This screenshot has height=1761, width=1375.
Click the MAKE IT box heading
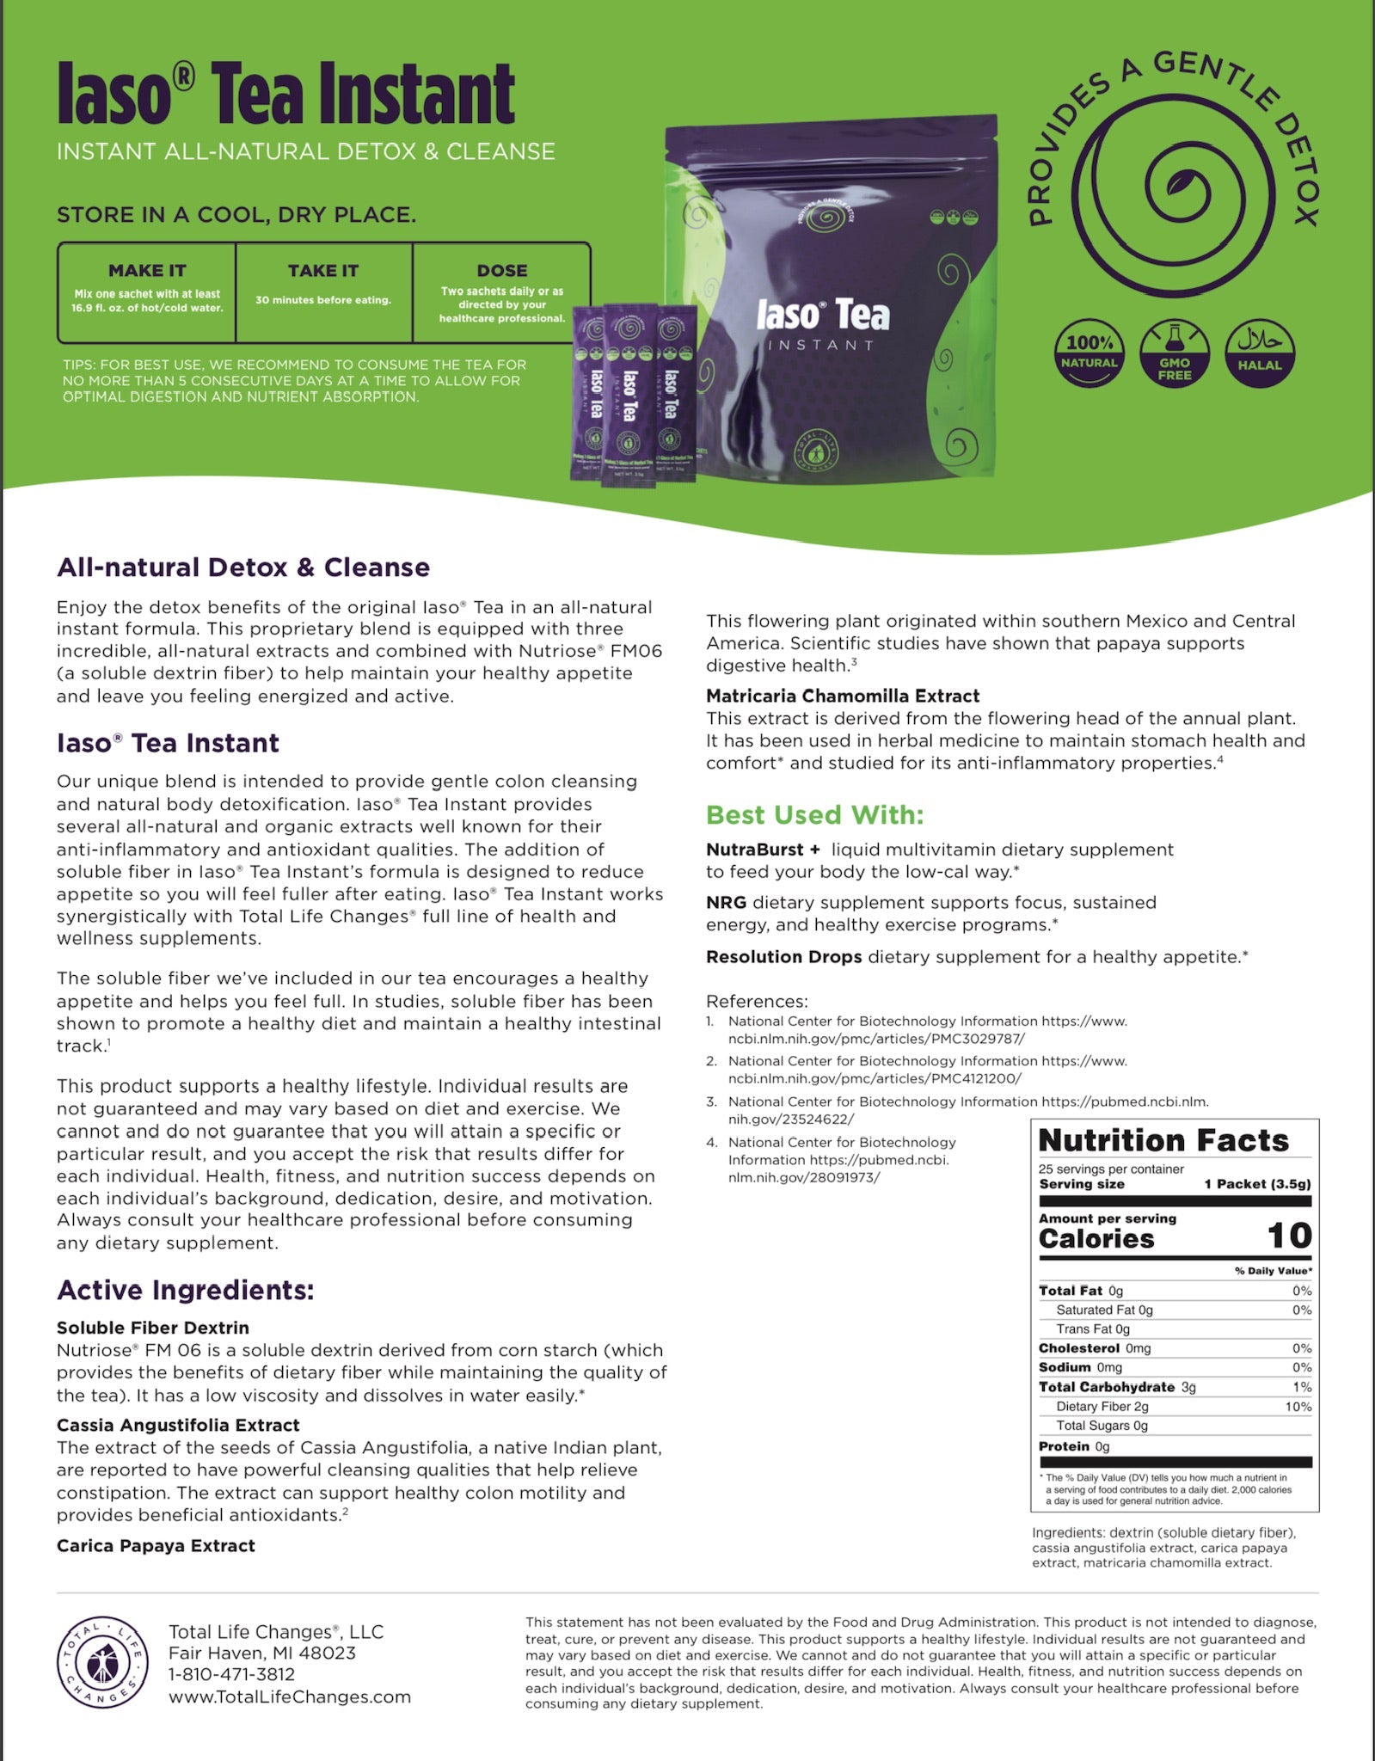click(147, 270)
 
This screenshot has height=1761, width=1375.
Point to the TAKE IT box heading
click(323, 270)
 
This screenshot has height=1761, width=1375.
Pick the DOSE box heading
click(502, 270)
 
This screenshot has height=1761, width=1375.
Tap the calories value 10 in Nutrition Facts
click(1289, 1236)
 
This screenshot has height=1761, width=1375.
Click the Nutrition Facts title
click(1163, 1140)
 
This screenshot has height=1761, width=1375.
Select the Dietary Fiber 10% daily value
click(1298, 1407)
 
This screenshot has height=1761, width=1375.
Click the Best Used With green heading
click(814, 814)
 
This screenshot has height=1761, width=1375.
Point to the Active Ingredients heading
click(185, 1290)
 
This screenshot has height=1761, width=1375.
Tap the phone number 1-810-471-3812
click(231, 1674)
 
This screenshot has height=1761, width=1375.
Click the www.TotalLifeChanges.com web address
click(290, 1697)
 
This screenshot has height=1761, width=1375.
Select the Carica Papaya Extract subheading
click(156, 1545)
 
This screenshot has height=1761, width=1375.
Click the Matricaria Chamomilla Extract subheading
click(843, 696)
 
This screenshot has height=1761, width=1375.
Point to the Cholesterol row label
click(1078, 1348)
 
